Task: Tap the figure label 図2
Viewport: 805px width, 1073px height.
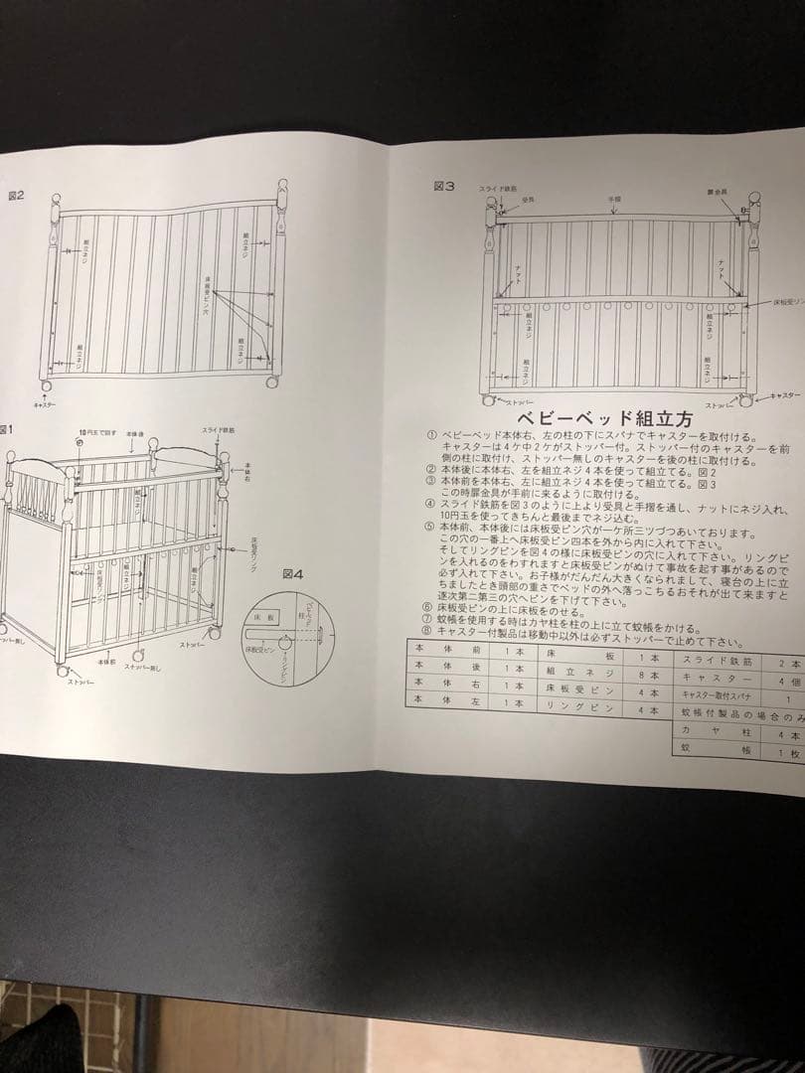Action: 17,195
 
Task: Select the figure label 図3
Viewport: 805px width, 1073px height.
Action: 443,186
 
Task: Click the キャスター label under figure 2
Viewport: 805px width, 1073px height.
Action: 45,404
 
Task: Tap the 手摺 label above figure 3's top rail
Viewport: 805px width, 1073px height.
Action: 615,199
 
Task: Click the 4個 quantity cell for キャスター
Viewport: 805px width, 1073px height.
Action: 790,682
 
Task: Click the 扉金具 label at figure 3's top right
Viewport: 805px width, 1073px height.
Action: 727,190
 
